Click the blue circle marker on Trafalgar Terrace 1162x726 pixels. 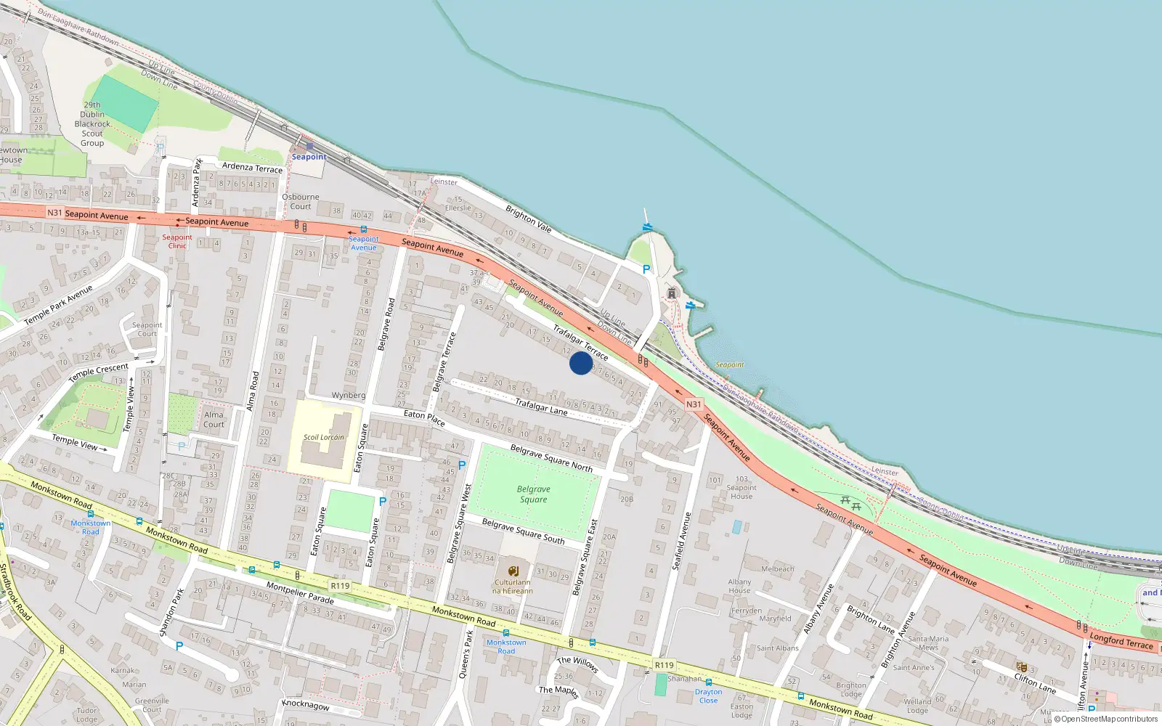(x=580, y=363)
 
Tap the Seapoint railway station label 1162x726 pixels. (x=309, y=157)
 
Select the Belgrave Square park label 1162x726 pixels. (x=534, y=494)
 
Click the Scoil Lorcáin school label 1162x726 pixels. (x=324, y=437)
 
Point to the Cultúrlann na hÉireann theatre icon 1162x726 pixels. (x=513, y=571)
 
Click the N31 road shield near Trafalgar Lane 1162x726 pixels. (x=694, y=404)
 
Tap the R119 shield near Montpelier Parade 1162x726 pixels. (x=340, y=586)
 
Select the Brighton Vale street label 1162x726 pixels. (x=529, y=219)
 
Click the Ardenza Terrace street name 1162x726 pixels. (x=252, y=168)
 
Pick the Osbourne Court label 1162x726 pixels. (x=301, y=201)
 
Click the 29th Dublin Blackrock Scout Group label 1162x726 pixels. (x=92, y=124)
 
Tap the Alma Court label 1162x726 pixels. (x=214, y=420)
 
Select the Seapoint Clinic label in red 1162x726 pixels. (x=177, y=241)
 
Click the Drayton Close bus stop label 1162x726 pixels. (x=708, y=696)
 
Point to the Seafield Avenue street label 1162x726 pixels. (x=680, y=541)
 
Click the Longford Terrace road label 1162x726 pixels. (x=1121, y=641)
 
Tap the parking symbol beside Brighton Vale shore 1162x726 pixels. (x=646, y=269)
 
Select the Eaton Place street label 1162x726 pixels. (x=424, y=417)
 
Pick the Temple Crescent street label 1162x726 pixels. (x=98, y=372)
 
